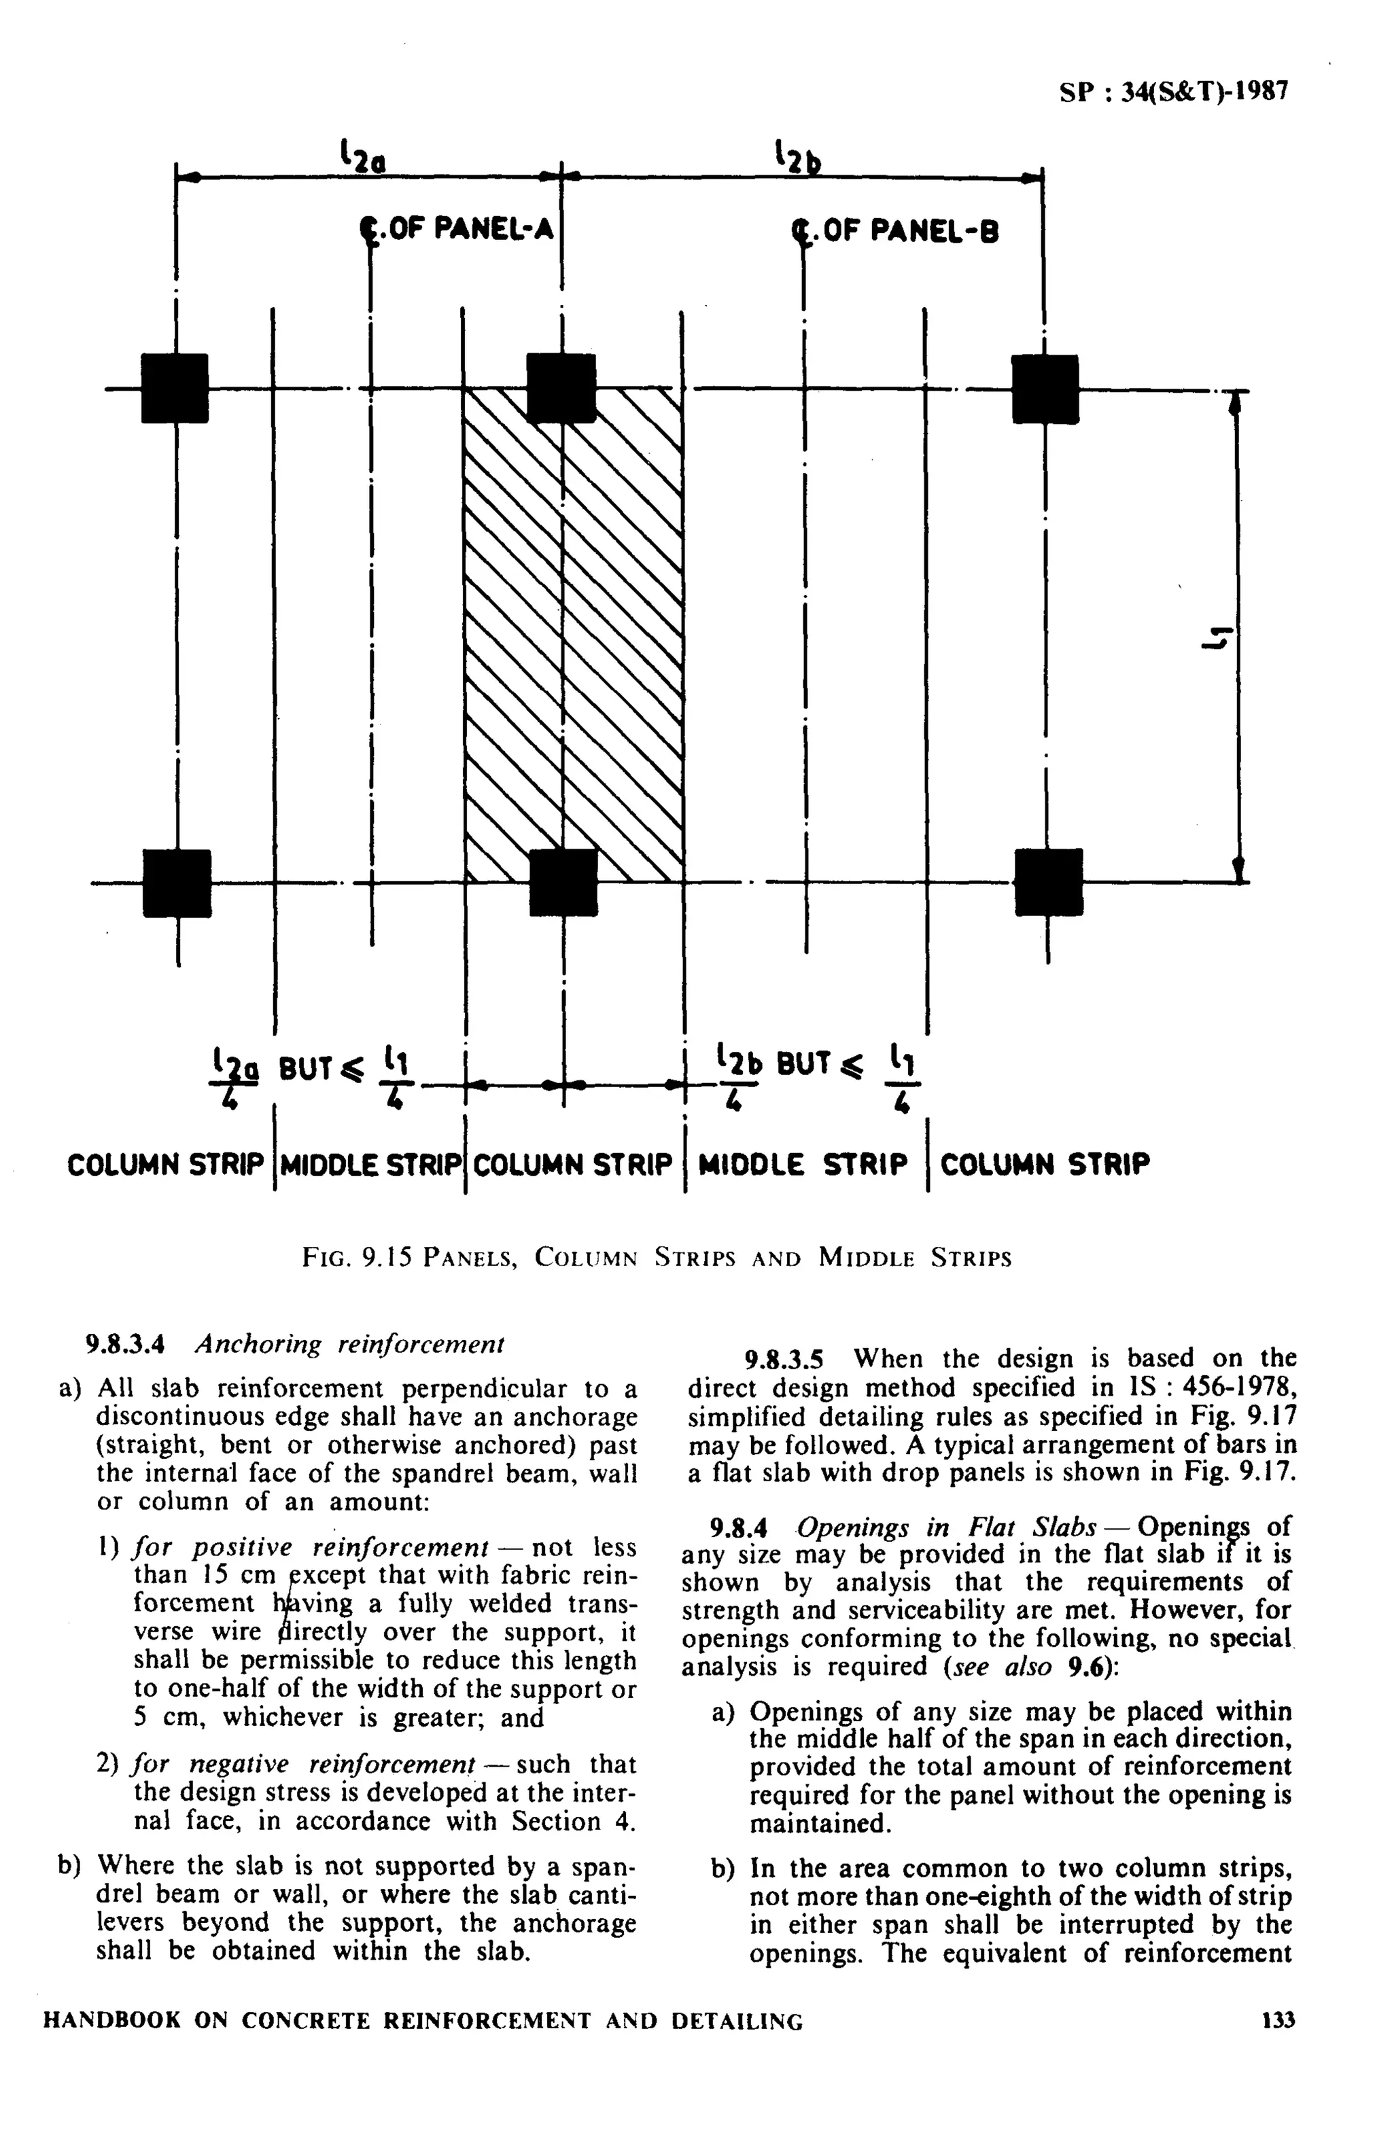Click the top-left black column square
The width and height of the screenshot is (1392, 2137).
(175, 388)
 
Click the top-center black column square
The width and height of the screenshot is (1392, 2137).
(561, 388)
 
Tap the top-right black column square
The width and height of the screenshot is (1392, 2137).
(1045, 389)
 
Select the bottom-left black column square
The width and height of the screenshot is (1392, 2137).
(177, 883)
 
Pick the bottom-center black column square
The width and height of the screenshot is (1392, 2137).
(563, 883)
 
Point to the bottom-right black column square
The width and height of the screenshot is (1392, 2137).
(1048, 882)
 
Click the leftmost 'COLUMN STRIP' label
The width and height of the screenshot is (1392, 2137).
(166, 1165)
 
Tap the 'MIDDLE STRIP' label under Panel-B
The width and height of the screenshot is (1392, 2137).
(803, 1165)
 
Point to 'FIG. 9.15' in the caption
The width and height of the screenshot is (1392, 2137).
(357, 1257)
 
